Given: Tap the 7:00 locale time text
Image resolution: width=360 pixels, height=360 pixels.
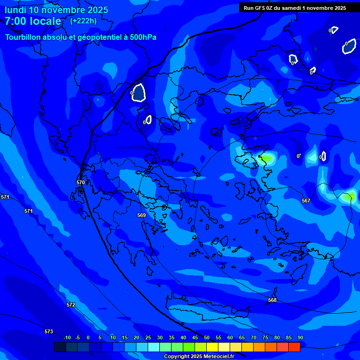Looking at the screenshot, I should click(x=33, y=21).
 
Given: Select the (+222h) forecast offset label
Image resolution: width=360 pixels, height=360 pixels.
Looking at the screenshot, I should click(x=83, y=21).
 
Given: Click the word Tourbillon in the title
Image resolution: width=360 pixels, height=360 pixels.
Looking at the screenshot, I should click(x=23, y=37).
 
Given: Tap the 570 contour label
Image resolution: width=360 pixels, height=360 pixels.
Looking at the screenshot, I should click(x=81, y=182).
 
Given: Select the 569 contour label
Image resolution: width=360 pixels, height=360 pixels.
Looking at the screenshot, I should click(x=142, y=215).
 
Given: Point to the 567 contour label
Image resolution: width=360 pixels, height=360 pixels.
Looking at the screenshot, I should click(x=306, y=201).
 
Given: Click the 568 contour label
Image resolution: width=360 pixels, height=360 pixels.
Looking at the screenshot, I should click(x=272, y=300).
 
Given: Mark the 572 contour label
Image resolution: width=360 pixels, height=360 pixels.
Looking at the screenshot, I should click(x=71, y=305).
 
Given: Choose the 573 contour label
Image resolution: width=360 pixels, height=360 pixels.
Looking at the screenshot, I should click(x=49, y=331).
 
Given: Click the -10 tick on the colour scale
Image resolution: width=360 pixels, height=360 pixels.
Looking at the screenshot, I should click(x=67, y=337).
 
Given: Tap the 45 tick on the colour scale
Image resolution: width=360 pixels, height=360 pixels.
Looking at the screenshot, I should click(x=195, y=337).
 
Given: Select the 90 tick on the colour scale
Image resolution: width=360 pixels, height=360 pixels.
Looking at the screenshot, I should click(x=300, y=337).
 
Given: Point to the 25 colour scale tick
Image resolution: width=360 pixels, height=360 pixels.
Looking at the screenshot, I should click(x=148, y=337).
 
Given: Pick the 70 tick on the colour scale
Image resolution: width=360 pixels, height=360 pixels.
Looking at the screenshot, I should click(x=254, y=337).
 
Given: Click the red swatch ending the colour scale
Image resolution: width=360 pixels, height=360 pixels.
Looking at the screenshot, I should click(x=294, y=347).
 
